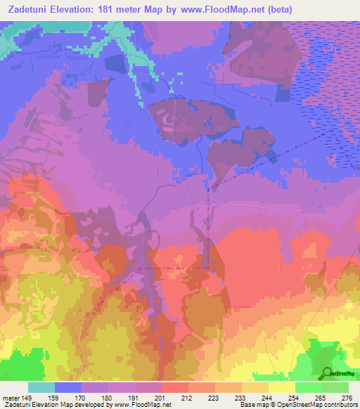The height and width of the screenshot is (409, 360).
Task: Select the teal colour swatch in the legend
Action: coord(41,387)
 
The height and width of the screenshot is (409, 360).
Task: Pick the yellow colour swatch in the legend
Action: coord(281,387)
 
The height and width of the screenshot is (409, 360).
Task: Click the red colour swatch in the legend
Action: coord(174,387)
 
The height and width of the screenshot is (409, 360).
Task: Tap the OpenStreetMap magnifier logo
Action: coord(327,374)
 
